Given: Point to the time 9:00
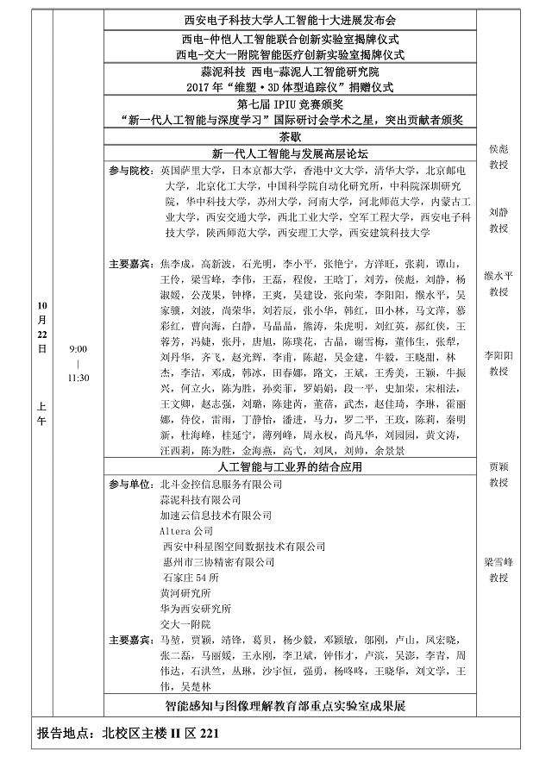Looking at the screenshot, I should (x=78, y=349).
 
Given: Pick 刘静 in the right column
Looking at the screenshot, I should (x=499, y=211).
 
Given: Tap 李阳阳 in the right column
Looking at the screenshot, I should (x=499, y=354).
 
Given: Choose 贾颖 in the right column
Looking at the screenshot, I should (x=499, y=466).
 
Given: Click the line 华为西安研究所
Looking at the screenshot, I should (x=195, y=608).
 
